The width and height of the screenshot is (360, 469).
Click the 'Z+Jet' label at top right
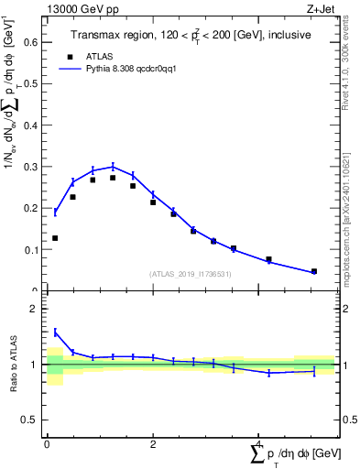tap(321, 8)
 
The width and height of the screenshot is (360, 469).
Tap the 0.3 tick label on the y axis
tap(30, 166)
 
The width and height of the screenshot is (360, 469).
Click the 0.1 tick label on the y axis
tap(30, 249)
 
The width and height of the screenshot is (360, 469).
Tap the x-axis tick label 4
tap(259, 444)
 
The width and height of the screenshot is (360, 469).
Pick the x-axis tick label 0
tap(47, 444)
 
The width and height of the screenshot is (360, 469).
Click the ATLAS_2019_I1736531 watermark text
tap(191, 274)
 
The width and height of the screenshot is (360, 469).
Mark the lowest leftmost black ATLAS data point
tap(55, 238)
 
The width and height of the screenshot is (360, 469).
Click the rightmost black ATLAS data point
tap(313, 271)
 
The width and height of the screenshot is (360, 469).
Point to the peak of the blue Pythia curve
tap(113, 166)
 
